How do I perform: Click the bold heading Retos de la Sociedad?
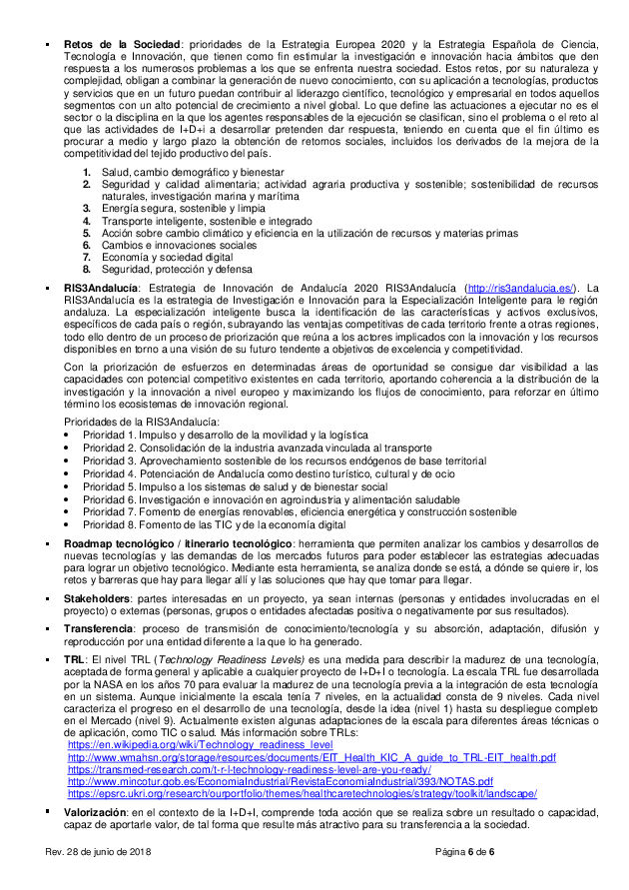(x=121, y=44)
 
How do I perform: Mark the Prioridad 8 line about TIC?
(x=214, y=524)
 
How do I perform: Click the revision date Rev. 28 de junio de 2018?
(x=113, y=850)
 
